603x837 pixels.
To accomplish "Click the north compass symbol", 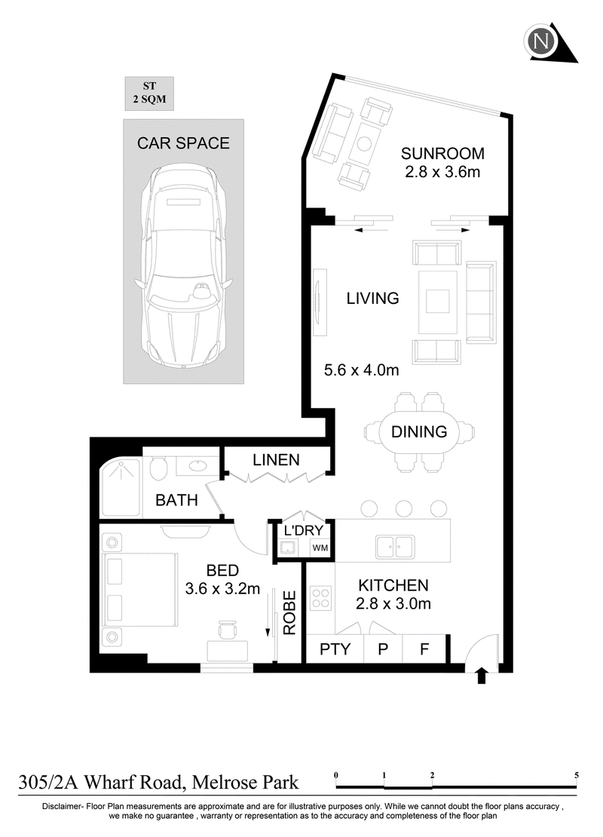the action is coord(541,41).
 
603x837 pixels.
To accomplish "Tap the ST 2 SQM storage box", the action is coord(149,93).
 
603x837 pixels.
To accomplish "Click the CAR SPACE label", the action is coord(183,143).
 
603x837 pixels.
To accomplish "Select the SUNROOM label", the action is coord(442,154).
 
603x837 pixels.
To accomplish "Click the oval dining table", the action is coord(419,432).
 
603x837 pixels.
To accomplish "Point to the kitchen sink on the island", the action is coord(395,547).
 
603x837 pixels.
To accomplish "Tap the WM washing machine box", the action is coord(320,547).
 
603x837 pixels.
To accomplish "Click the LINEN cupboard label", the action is coord(276,460).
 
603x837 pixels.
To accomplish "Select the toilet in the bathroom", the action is coord(158,469).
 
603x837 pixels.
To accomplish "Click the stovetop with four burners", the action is coord(320,598).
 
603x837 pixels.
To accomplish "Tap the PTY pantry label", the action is coord(335,649).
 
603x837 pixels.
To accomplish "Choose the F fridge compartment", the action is coord(424,649).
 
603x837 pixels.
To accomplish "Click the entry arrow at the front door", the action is coord(482,676).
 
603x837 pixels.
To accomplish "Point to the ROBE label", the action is coord(289,613).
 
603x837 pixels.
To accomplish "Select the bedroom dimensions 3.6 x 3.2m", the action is coord(222,589).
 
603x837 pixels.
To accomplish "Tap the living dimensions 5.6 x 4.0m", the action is coord(361,370).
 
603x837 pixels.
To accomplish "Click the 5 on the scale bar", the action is coord(577,775).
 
